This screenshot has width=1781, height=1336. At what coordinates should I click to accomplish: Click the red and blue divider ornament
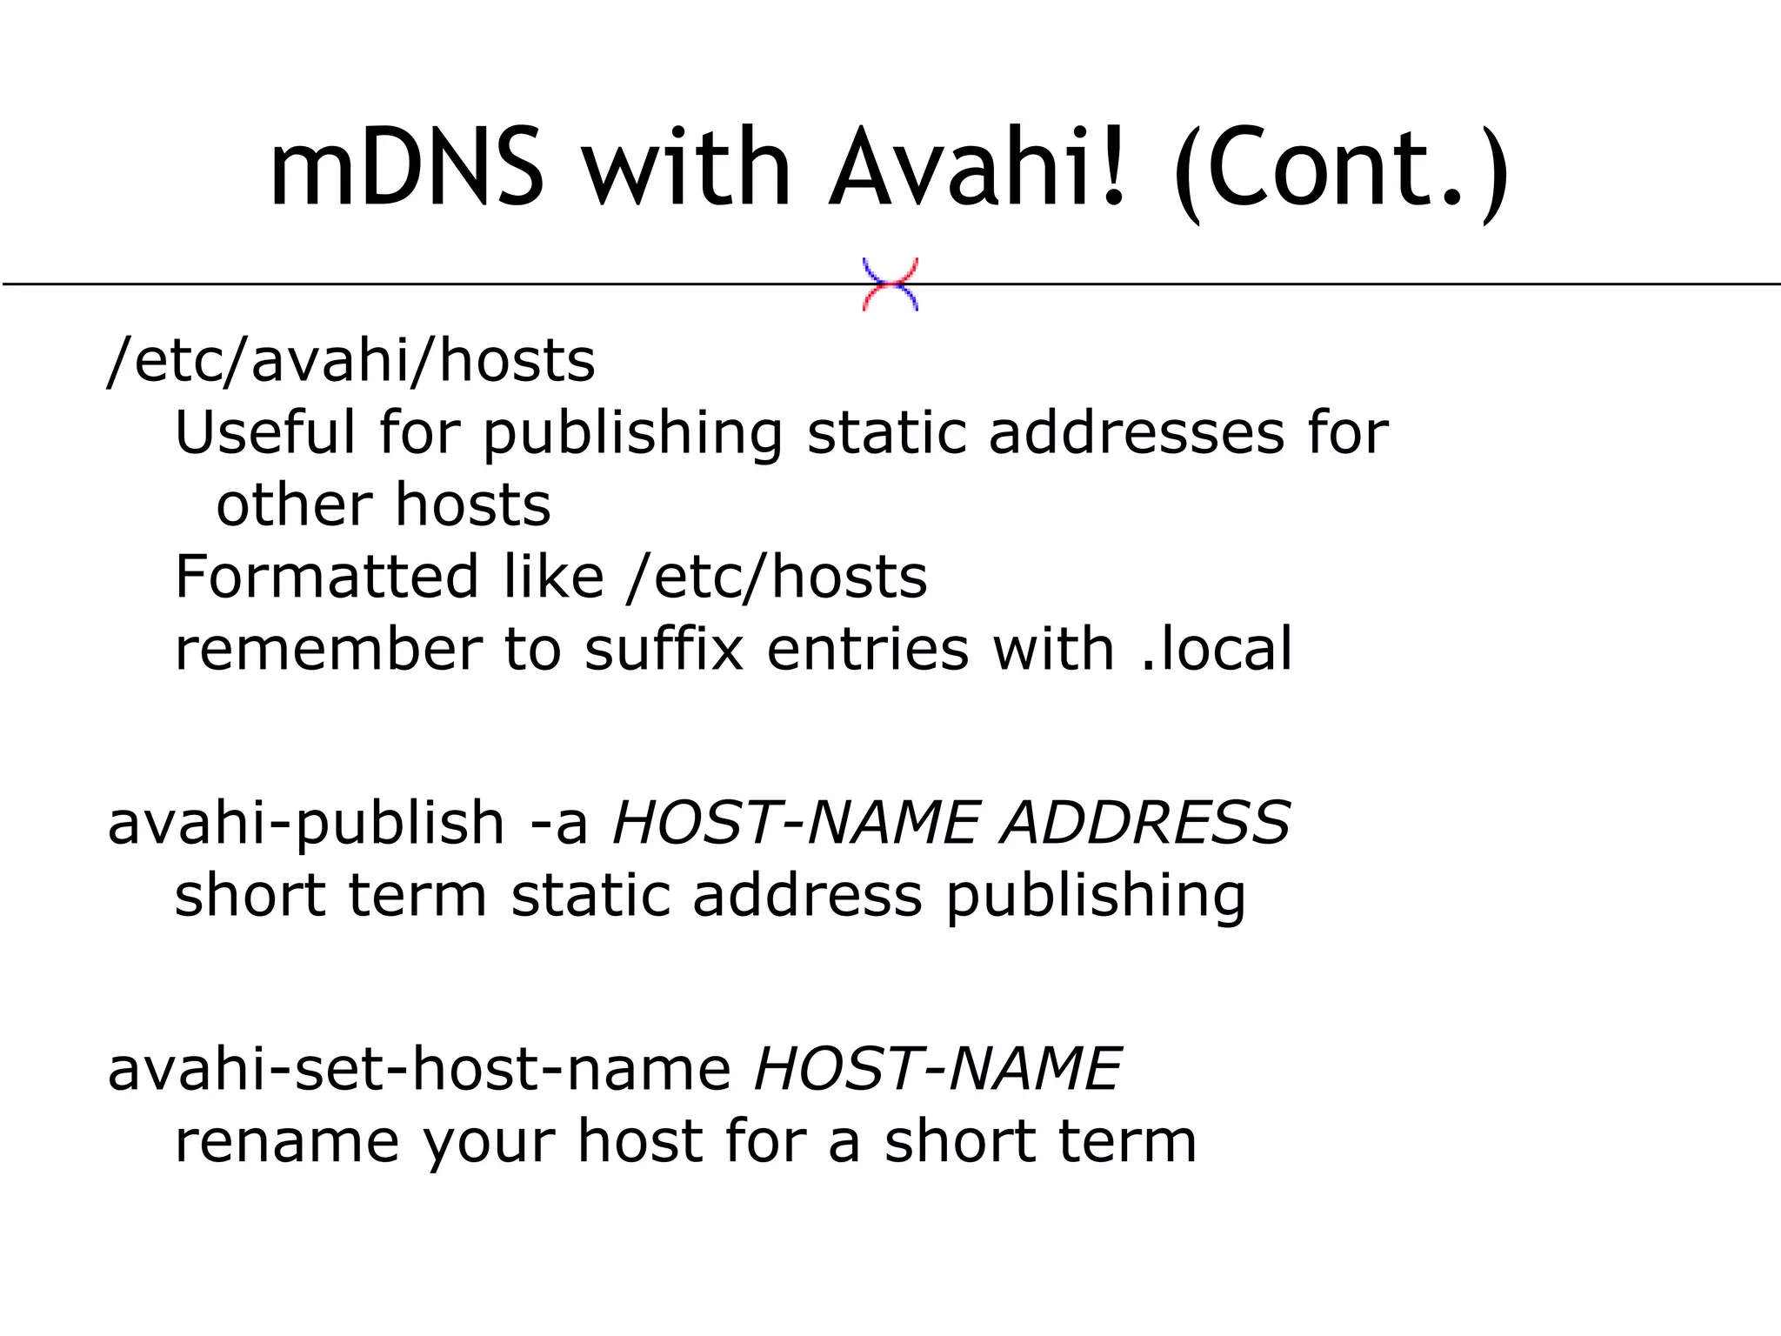click(x=890, y=284)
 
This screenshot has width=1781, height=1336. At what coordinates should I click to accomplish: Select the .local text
click(x=1217, y=649)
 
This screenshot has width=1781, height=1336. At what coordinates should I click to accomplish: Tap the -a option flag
click(x=559, y=823)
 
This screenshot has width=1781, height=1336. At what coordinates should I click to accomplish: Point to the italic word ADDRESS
click(x=1144, y=822)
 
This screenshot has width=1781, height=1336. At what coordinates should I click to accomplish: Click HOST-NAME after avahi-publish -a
click(x=796, y=822)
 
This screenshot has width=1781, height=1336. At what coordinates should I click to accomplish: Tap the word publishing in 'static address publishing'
click(x=1096, y=896)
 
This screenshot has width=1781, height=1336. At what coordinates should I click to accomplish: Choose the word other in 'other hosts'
click(x=294, y=504)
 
